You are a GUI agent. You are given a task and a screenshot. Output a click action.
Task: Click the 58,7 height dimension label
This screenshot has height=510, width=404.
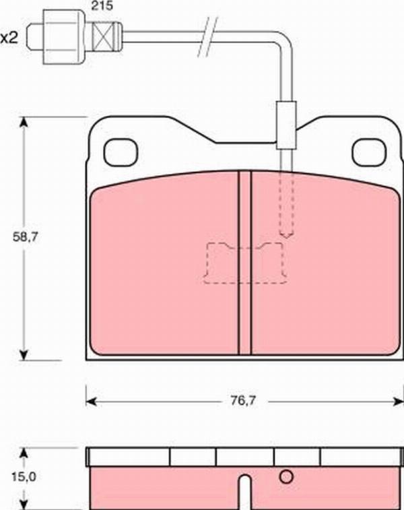26,237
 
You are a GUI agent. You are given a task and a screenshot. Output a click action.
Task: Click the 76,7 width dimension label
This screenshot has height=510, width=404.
244,401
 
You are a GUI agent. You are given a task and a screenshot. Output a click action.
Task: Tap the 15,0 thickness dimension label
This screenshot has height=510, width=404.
24,477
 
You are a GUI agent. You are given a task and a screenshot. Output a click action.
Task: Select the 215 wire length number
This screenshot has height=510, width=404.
102,6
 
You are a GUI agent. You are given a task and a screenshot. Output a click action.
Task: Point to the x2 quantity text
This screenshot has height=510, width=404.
9,38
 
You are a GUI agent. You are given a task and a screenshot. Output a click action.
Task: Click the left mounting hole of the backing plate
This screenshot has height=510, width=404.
121,152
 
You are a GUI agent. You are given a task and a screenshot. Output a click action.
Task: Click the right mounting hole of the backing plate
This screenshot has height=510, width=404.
369,152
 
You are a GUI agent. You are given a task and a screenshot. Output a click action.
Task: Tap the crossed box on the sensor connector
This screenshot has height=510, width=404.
103,37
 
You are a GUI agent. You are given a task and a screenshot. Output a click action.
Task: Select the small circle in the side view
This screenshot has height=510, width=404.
286,477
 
